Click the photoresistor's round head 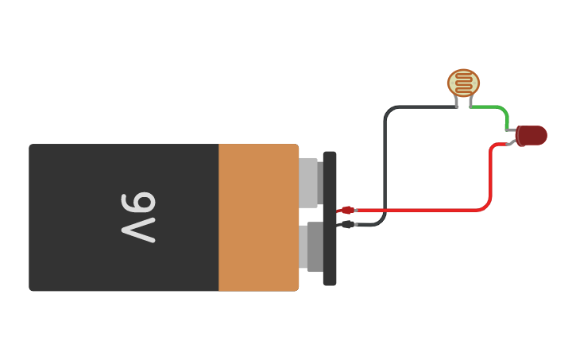(x=463, y=83)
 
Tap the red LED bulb (x=532, y=136)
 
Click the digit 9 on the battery (x=140, y=203)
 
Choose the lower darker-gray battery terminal (x=314, y=246)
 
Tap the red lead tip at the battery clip (x=347, y=211)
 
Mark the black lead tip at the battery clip (x=346, y=224)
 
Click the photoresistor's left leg (x=457, y=102)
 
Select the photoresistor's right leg (x=470, y=102)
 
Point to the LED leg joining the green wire (x=511, y=130)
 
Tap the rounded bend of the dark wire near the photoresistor (x=389, y=110)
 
